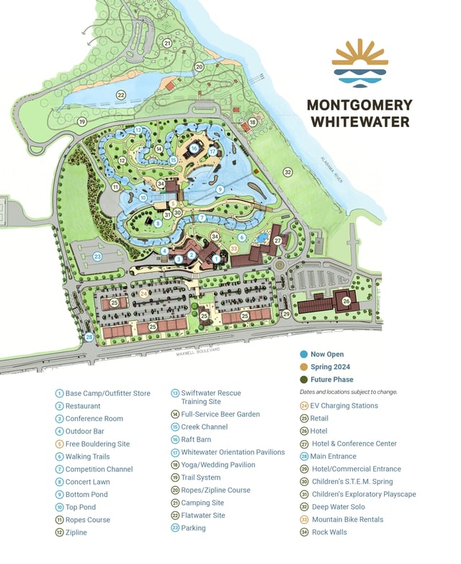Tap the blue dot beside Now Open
point(303,354)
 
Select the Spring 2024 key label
point(330,367)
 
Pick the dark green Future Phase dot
point(303,379)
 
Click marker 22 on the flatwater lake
point(121,95)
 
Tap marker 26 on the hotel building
point(346,301)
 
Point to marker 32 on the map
point(287,172)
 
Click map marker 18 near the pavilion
point(253,122)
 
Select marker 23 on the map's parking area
point(98,256)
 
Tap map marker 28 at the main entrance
point(89,337)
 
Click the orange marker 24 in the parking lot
point(143,294)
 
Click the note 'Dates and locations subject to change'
point(348,392)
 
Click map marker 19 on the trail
point(82,121)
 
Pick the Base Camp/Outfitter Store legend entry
point(107,393)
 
